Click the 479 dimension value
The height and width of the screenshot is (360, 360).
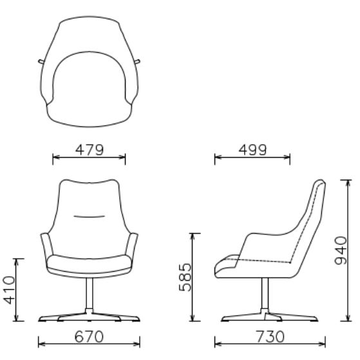click(89, 150)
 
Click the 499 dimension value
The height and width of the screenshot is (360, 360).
click(252, 150)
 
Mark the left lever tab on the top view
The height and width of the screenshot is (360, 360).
click(41, 62)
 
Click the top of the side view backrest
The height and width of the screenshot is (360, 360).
click(320, 184)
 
